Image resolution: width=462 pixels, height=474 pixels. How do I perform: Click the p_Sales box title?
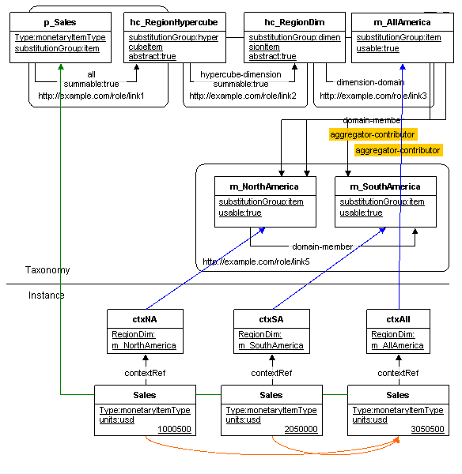tap(60, 22)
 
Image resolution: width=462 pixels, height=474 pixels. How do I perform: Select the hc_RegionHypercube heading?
tap(174, 22)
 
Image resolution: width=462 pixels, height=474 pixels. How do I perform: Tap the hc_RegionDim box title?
tap(294, 22)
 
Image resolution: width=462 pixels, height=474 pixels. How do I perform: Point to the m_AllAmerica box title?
tap(402, 22)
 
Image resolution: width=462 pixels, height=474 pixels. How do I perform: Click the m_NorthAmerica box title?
tap(264, 186)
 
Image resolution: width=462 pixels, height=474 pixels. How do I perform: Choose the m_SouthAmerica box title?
tap(385, 186)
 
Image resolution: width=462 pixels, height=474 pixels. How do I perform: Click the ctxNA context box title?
tap(145, 319)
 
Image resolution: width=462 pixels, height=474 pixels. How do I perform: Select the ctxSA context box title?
tap(271, 319)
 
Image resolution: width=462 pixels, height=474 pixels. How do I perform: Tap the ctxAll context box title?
tap(398, 319)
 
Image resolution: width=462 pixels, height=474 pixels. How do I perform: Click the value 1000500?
tap(174, 429)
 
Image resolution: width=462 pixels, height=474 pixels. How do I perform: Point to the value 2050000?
tap(301, 429)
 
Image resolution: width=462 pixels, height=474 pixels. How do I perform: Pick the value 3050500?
tap(427, 429)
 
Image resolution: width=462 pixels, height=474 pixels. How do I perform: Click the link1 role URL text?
tap(91, 96)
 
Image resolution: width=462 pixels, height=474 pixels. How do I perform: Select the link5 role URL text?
tap(256, 261)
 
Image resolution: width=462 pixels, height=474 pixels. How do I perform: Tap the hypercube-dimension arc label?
tap(240, 74)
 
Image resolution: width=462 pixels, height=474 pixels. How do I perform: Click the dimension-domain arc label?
tap(370, 82)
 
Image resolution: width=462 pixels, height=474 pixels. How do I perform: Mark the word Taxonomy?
tap(47, 270)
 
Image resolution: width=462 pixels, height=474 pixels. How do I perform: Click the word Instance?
tap(47, 295)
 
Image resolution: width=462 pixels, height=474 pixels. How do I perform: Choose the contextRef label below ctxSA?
tap(271, 373)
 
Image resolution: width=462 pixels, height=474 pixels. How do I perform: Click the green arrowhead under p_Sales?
tap(61, 67)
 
